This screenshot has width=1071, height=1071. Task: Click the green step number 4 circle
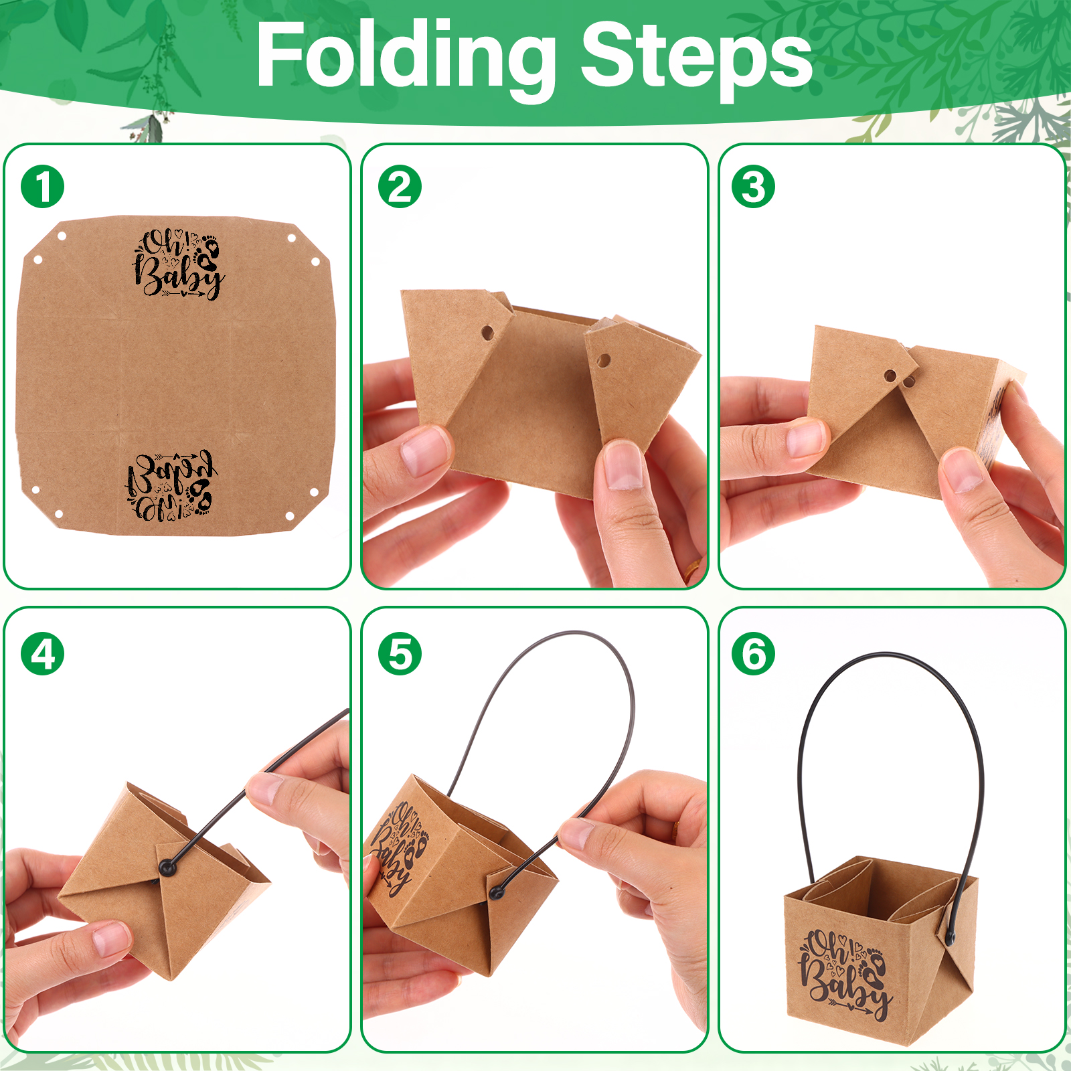(x=43, y=654)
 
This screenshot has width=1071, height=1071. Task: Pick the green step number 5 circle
(x=400, y=654)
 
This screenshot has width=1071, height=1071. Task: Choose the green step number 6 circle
(x=754, y=654)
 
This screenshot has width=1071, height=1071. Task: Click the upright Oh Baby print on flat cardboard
(x=177, y=264)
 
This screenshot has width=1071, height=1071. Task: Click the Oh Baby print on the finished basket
(x=845, y=974)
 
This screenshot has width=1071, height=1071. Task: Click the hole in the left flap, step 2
(x=488, y=332)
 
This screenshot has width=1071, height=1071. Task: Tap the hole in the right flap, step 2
(x=603, y=361)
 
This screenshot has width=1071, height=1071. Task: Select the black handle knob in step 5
(x=496, y=892)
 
